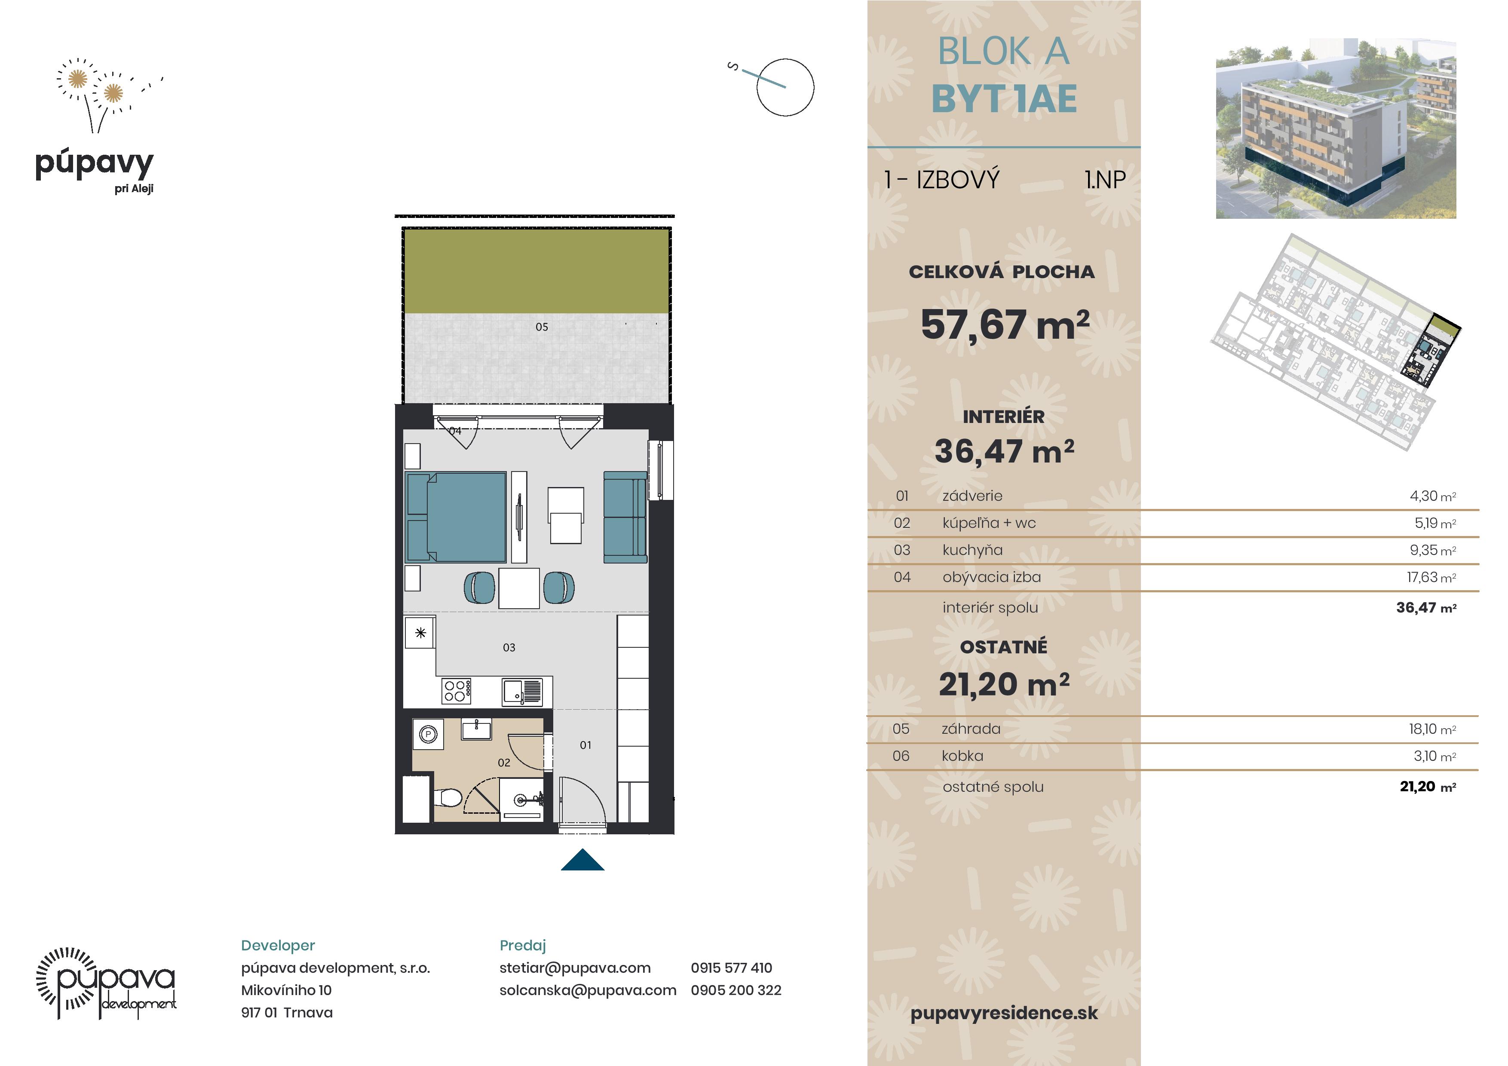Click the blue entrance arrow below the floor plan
582,861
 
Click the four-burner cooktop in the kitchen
457,691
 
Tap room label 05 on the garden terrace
542,326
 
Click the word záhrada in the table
971,729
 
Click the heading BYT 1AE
1004,99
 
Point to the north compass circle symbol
785,87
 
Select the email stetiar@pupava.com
575,968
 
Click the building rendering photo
1336,128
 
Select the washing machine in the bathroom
428,734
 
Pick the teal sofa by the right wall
625,517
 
